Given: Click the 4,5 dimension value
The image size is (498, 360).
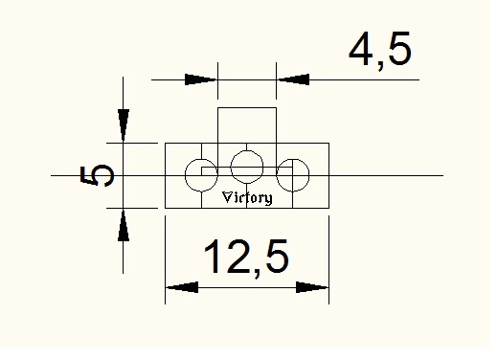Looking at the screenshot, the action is [379, 50].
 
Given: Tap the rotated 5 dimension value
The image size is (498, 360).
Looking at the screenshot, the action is [97, 175].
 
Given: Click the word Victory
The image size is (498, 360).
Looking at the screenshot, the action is [247, 198].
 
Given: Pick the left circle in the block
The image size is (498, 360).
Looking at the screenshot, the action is [186, 175].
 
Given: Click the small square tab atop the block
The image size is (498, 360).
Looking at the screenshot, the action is [247, 108].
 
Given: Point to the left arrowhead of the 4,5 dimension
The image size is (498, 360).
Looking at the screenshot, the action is [201, 79].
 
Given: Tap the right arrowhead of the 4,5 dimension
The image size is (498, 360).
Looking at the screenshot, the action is [293, 79].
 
